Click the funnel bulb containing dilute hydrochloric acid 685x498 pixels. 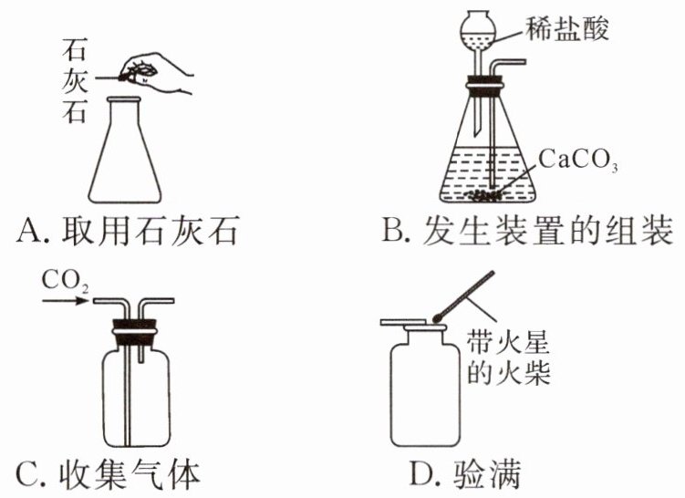(481, 33)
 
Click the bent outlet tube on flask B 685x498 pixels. (506, 67)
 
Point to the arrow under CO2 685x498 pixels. (62, 303)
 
